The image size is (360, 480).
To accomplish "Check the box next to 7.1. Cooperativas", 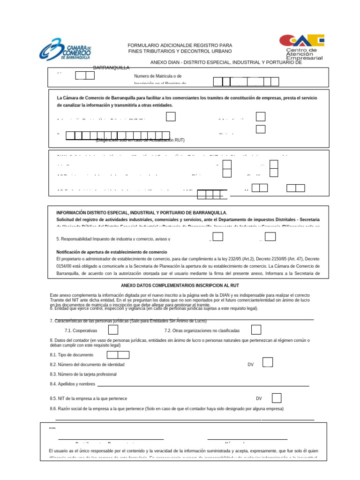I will (113, 330).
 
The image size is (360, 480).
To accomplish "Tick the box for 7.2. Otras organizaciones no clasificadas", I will (256, 330).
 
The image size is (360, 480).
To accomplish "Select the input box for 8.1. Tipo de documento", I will (118, 355).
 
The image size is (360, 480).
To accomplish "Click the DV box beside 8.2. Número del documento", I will (268, 362).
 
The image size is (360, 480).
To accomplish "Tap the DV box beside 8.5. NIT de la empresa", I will (277, 398).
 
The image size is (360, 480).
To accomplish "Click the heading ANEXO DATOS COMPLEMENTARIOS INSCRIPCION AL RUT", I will (180, 285).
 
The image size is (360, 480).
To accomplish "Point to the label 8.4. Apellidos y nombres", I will (72, 384).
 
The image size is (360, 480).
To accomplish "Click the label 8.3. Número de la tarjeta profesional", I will (83, 374).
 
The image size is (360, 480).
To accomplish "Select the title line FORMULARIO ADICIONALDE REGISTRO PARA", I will (180, 45).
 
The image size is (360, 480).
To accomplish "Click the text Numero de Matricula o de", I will (157, 76).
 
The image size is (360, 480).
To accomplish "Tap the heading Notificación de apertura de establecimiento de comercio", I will (112, 252).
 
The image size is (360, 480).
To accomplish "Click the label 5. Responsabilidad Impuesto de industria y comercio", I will (113, 239).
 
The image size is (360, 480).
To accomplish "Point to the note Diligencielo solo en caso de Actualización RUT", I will (141, 140).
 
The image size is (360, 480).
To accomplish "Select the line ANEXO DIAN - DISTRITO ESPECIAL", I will (226, 62).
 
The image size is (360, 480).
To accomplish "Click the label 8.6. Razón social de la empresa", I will (166, 409).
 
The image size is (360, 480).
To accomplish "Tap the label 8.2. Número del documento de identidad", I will (87, 364).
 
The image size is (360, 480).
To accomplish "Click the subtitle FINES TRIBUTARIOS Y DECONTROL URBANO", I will (180, 51).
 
